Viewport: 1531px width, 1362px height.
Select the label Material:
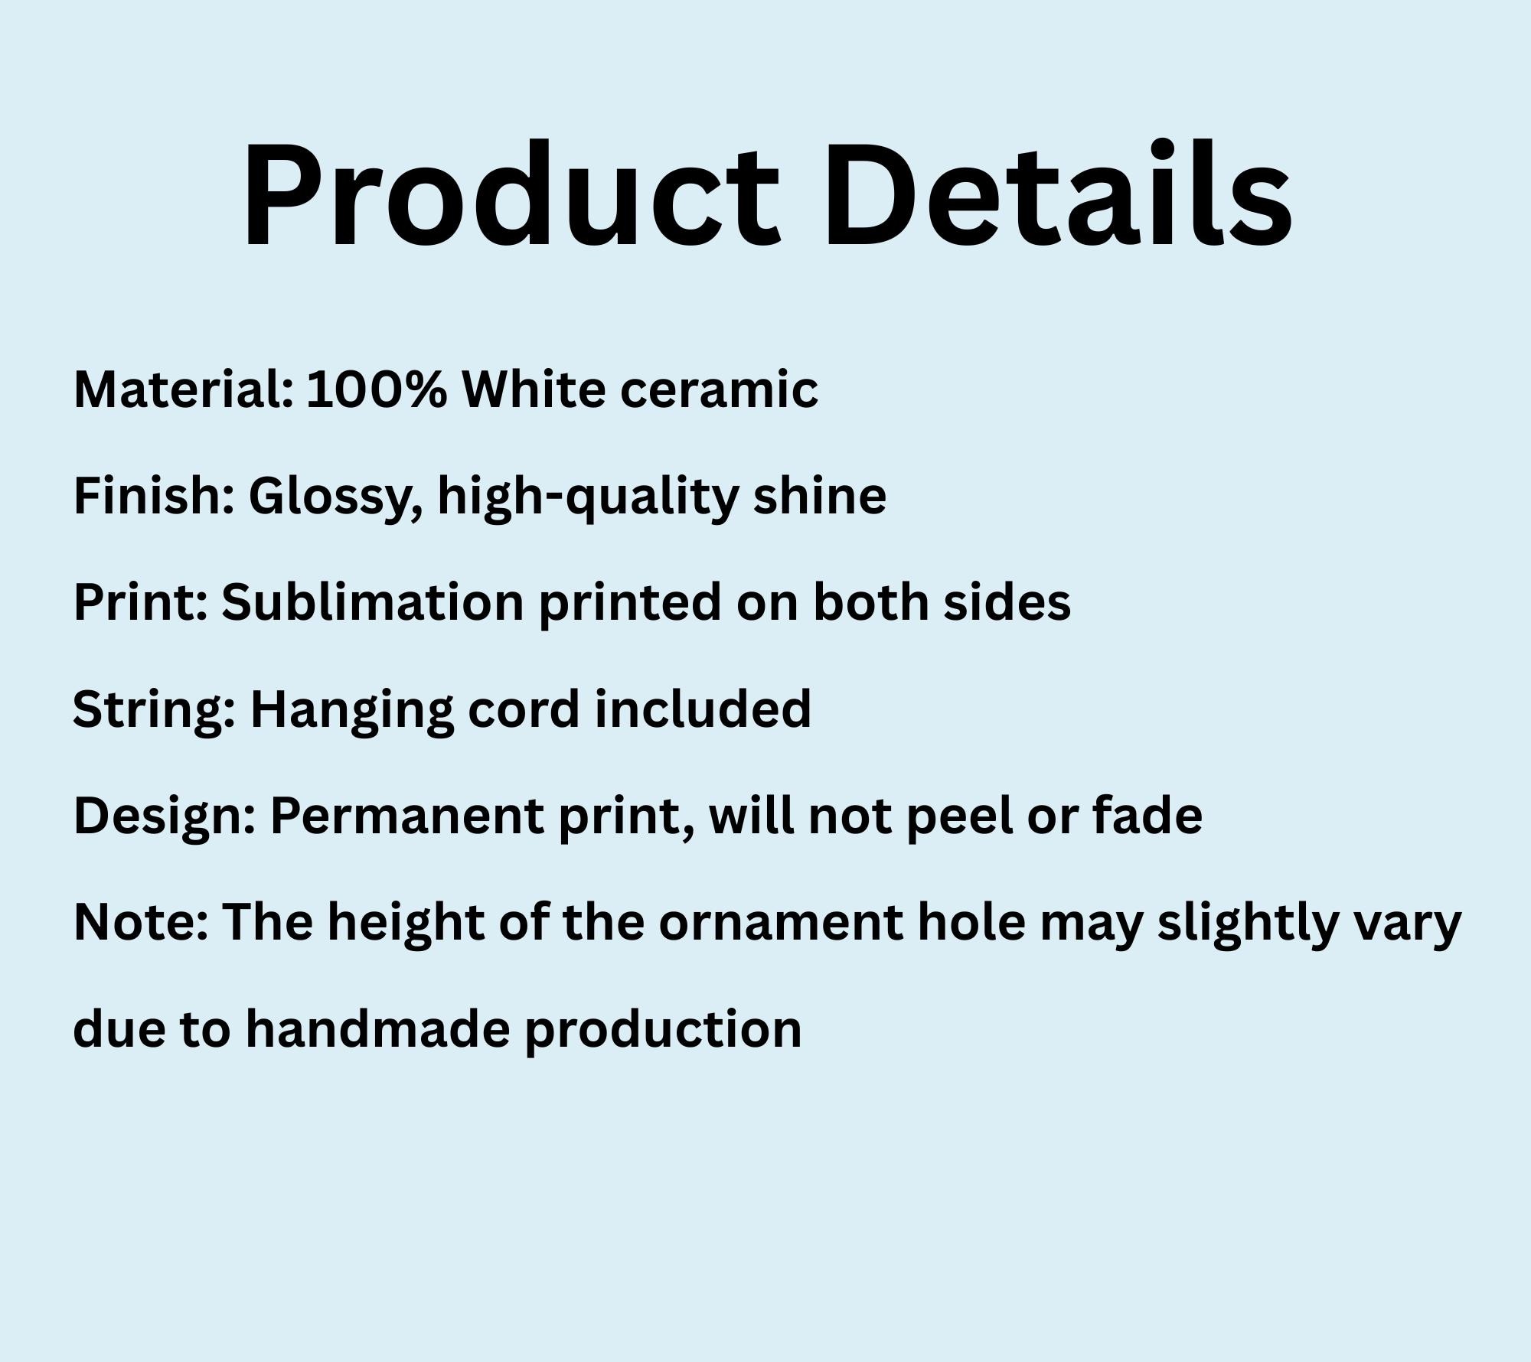click(x=184, y=389)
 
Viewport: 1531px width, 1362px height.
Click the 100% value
click(x=377, y=389)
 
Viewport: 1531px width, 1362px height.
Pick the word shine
click(x=819, y=496)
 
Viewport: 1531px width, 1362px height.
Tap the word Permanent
click(x=407, y=816)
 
